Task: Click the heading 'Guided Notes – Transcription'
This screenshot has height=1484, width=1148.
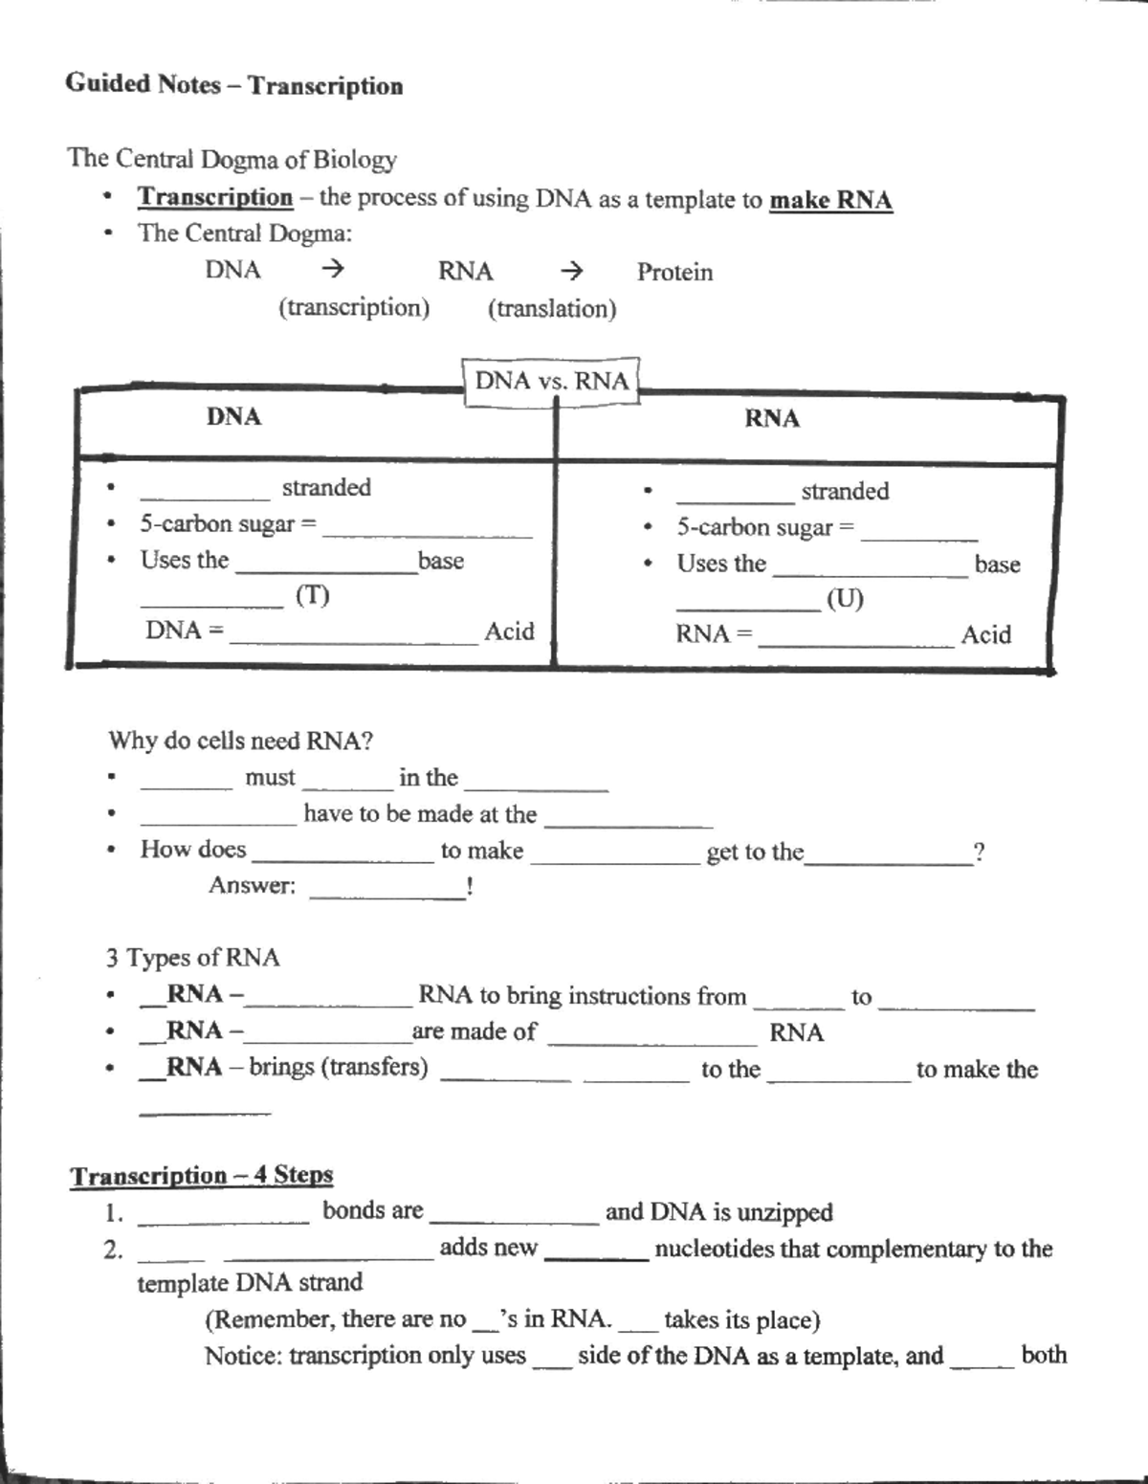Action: coord(233,84)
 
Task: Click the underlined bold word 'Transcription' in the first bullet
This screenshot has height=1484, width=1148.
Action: coord(215,197)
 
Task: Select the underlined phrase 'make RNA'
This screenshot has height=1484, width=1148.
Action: coord(830,200)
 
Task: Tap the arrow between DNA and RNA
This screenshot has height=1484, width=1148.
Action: coord(332,270)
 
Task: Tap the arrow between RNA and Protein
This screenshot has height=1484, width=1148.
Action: coord(572,271)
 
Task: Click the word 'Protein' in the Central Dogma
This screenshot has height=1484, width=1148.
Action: coord(674,273)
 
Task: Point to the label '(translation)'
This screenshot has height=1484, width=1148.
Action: coord(552,309)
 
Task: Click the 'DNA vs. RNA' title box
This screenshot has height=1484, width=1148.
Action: coord(551,381)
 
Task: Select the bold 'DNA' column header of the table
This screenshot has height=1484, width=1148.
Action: coord(233,416)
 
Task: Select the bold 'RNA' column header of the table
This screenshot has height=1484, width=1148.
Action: coord(772,418)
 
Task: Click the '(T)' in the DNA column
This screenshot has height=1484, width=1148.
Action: coord(312,596)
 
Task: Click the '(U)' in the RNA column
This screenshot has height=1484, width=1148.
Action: coord(845,599)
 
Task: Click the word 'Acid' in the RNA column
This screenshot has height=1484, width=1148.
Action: coord(985,635)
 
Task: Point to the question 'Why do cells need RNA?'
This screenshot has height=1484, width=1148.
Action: coord(240,741)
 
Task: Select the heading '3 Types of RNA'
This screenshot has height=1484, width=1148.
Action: coord(192,958)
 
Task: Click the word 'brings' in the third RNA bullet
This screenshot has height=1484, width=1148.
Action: coord(281,1067)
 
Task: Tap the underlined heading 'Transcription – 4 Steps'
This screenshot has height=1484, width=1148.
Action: coord(201,1175)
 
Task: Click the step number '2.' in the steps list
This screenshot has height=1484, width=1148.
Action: coord(113,1250)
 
